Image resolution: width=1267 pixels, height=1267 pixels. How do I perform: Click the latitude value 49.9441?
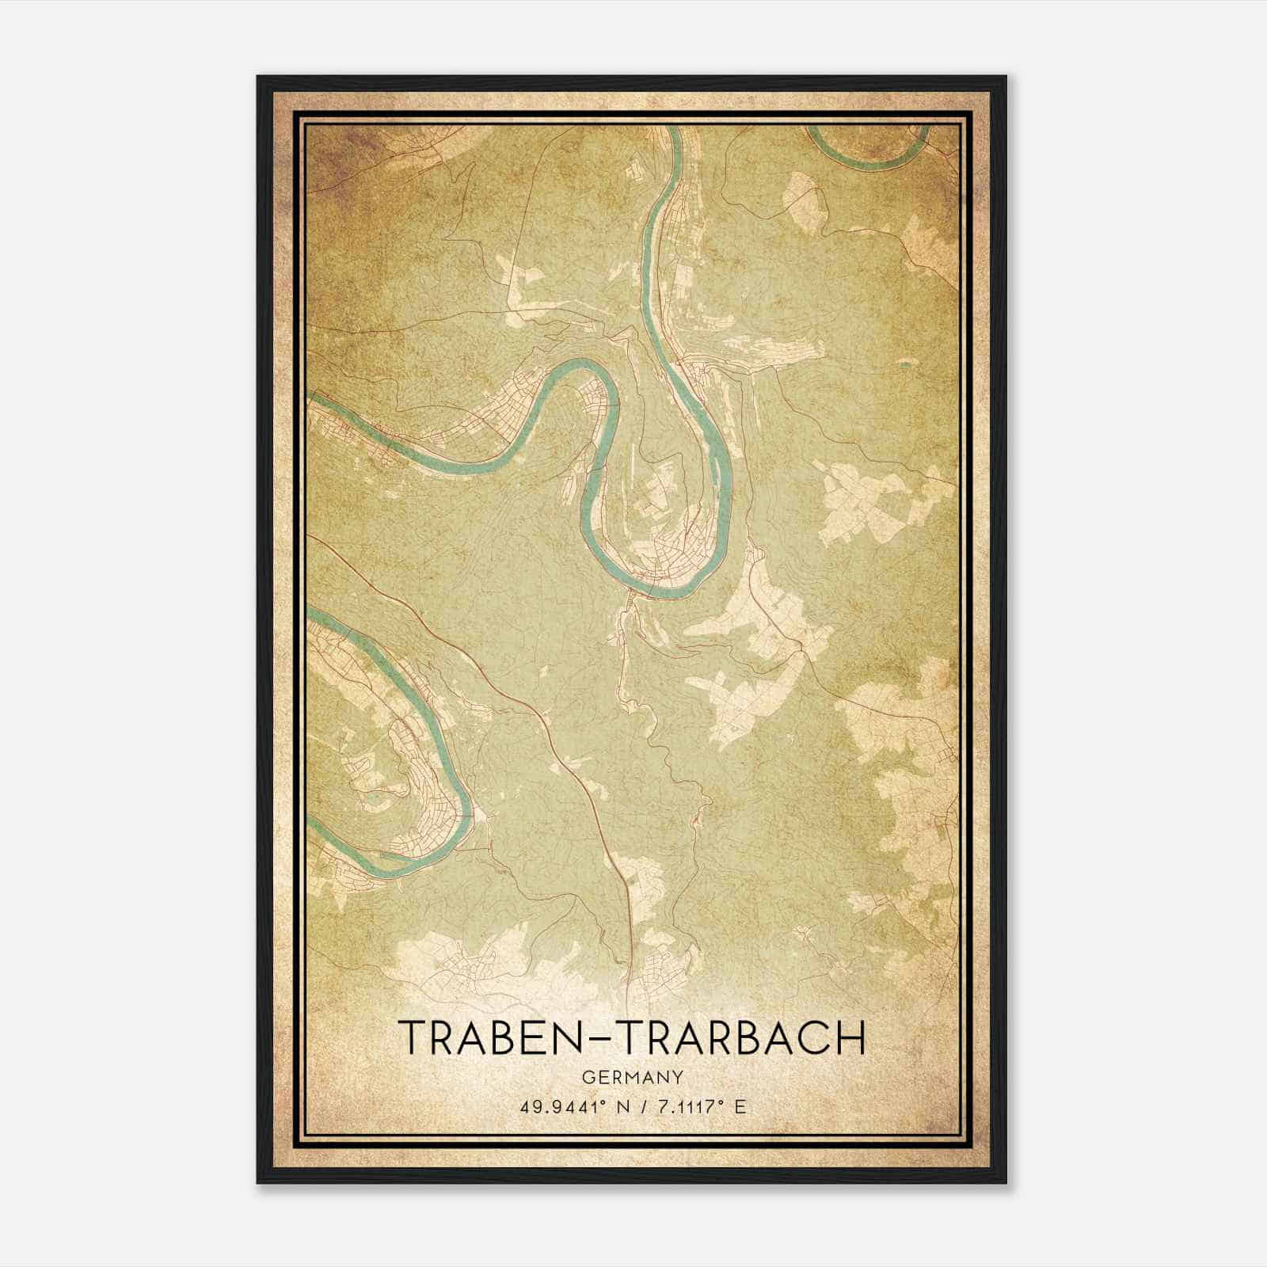[x=557, y=1107]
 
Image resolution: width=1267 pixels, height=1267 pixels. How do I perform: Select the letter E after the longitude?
[x=740, y=1107]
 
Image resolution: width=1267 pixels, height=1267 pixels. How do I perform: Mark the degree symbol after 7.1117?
[x=720, y=1102]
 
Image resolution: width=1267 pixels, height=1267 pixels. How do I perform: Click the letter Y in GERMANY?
[x=679, y=1077]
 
